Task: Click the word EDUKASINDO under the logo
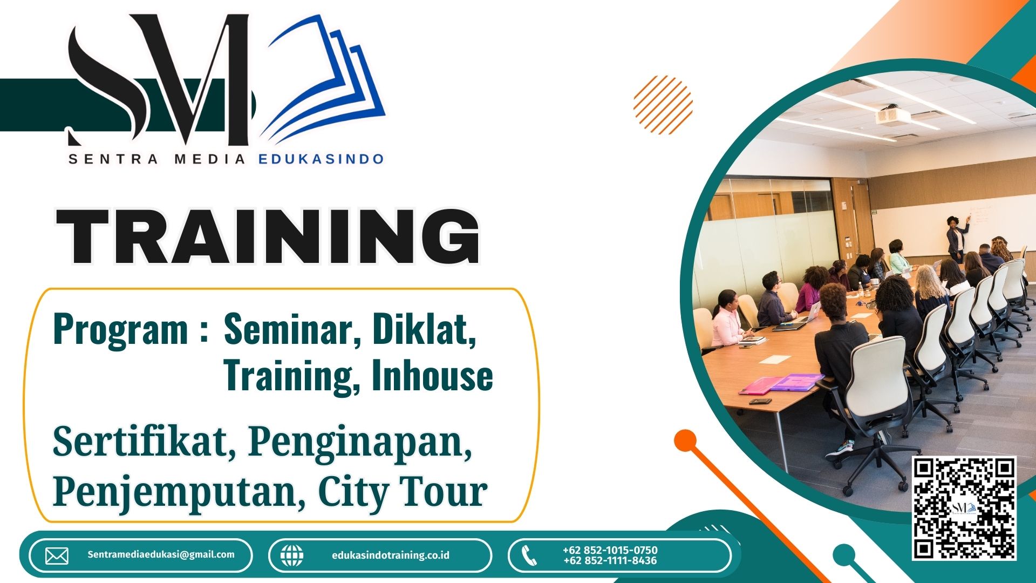(x=321, y=159)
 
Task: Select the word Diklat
(x=424, y=329)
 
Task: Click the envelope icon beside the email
(x=57, y=555)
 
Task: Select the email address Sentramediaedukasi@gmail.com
(x=161, y=554)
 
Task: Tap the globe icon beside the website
(x=292, y=555)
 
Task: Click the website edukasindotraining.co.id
(x=391, y=555)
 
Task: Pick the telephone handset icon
(x=529, y=555)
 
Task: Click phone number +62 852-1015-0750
(x=610, y=550)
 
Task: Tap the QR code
(x=964, y=508)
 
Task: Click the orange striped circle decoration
(x=663, y=105)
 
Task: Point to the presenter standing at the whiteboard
(x=957, y=238)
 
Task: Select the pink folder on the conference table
(x=760, y=385)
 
